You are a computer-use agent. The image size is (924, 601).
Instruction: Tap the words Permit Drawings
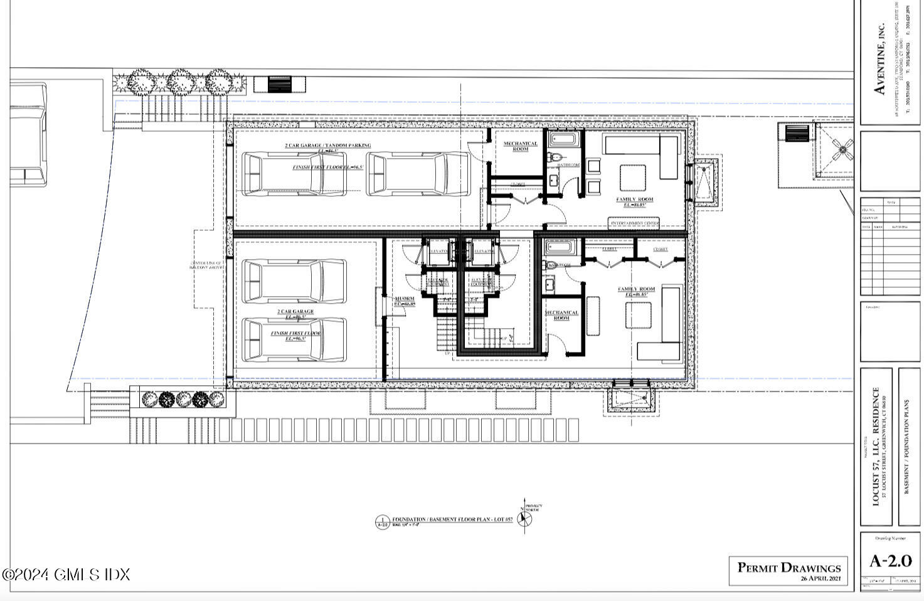pyautogui.click(x=789, y=568)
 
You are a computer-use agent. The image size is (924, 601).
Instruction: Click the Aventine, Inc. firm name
pyautogui.click(x=880, y=60)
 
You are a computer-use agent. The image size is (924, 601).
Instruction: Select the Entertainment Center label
pyautogui.click(x=634, y=223)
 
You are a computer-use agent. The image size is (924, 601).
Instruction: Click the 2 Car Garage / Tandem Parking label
pyautogui.click(x=328, y=146)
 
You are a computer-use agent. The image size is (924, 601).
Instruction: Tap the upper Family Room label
pyautogui.click(x=634, y=199)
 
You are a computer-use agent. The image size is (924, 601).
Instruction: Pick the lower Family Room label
pyautogui.click(x=636, y=289)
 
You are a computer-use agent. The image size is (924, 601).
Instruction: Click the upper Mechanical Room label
pyautogui.click(x=521, y=146)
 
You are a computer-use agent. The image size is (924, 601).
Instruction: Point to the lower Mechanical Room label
pyautogui.click(x=561, y=315)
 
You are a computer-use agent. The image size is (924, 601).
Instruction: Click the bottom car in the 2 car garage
pyautogui.click(x=294, y=339)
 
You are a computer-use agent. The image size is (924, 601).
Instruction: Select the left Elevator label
pyautogui.click(x=438, y=252)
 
